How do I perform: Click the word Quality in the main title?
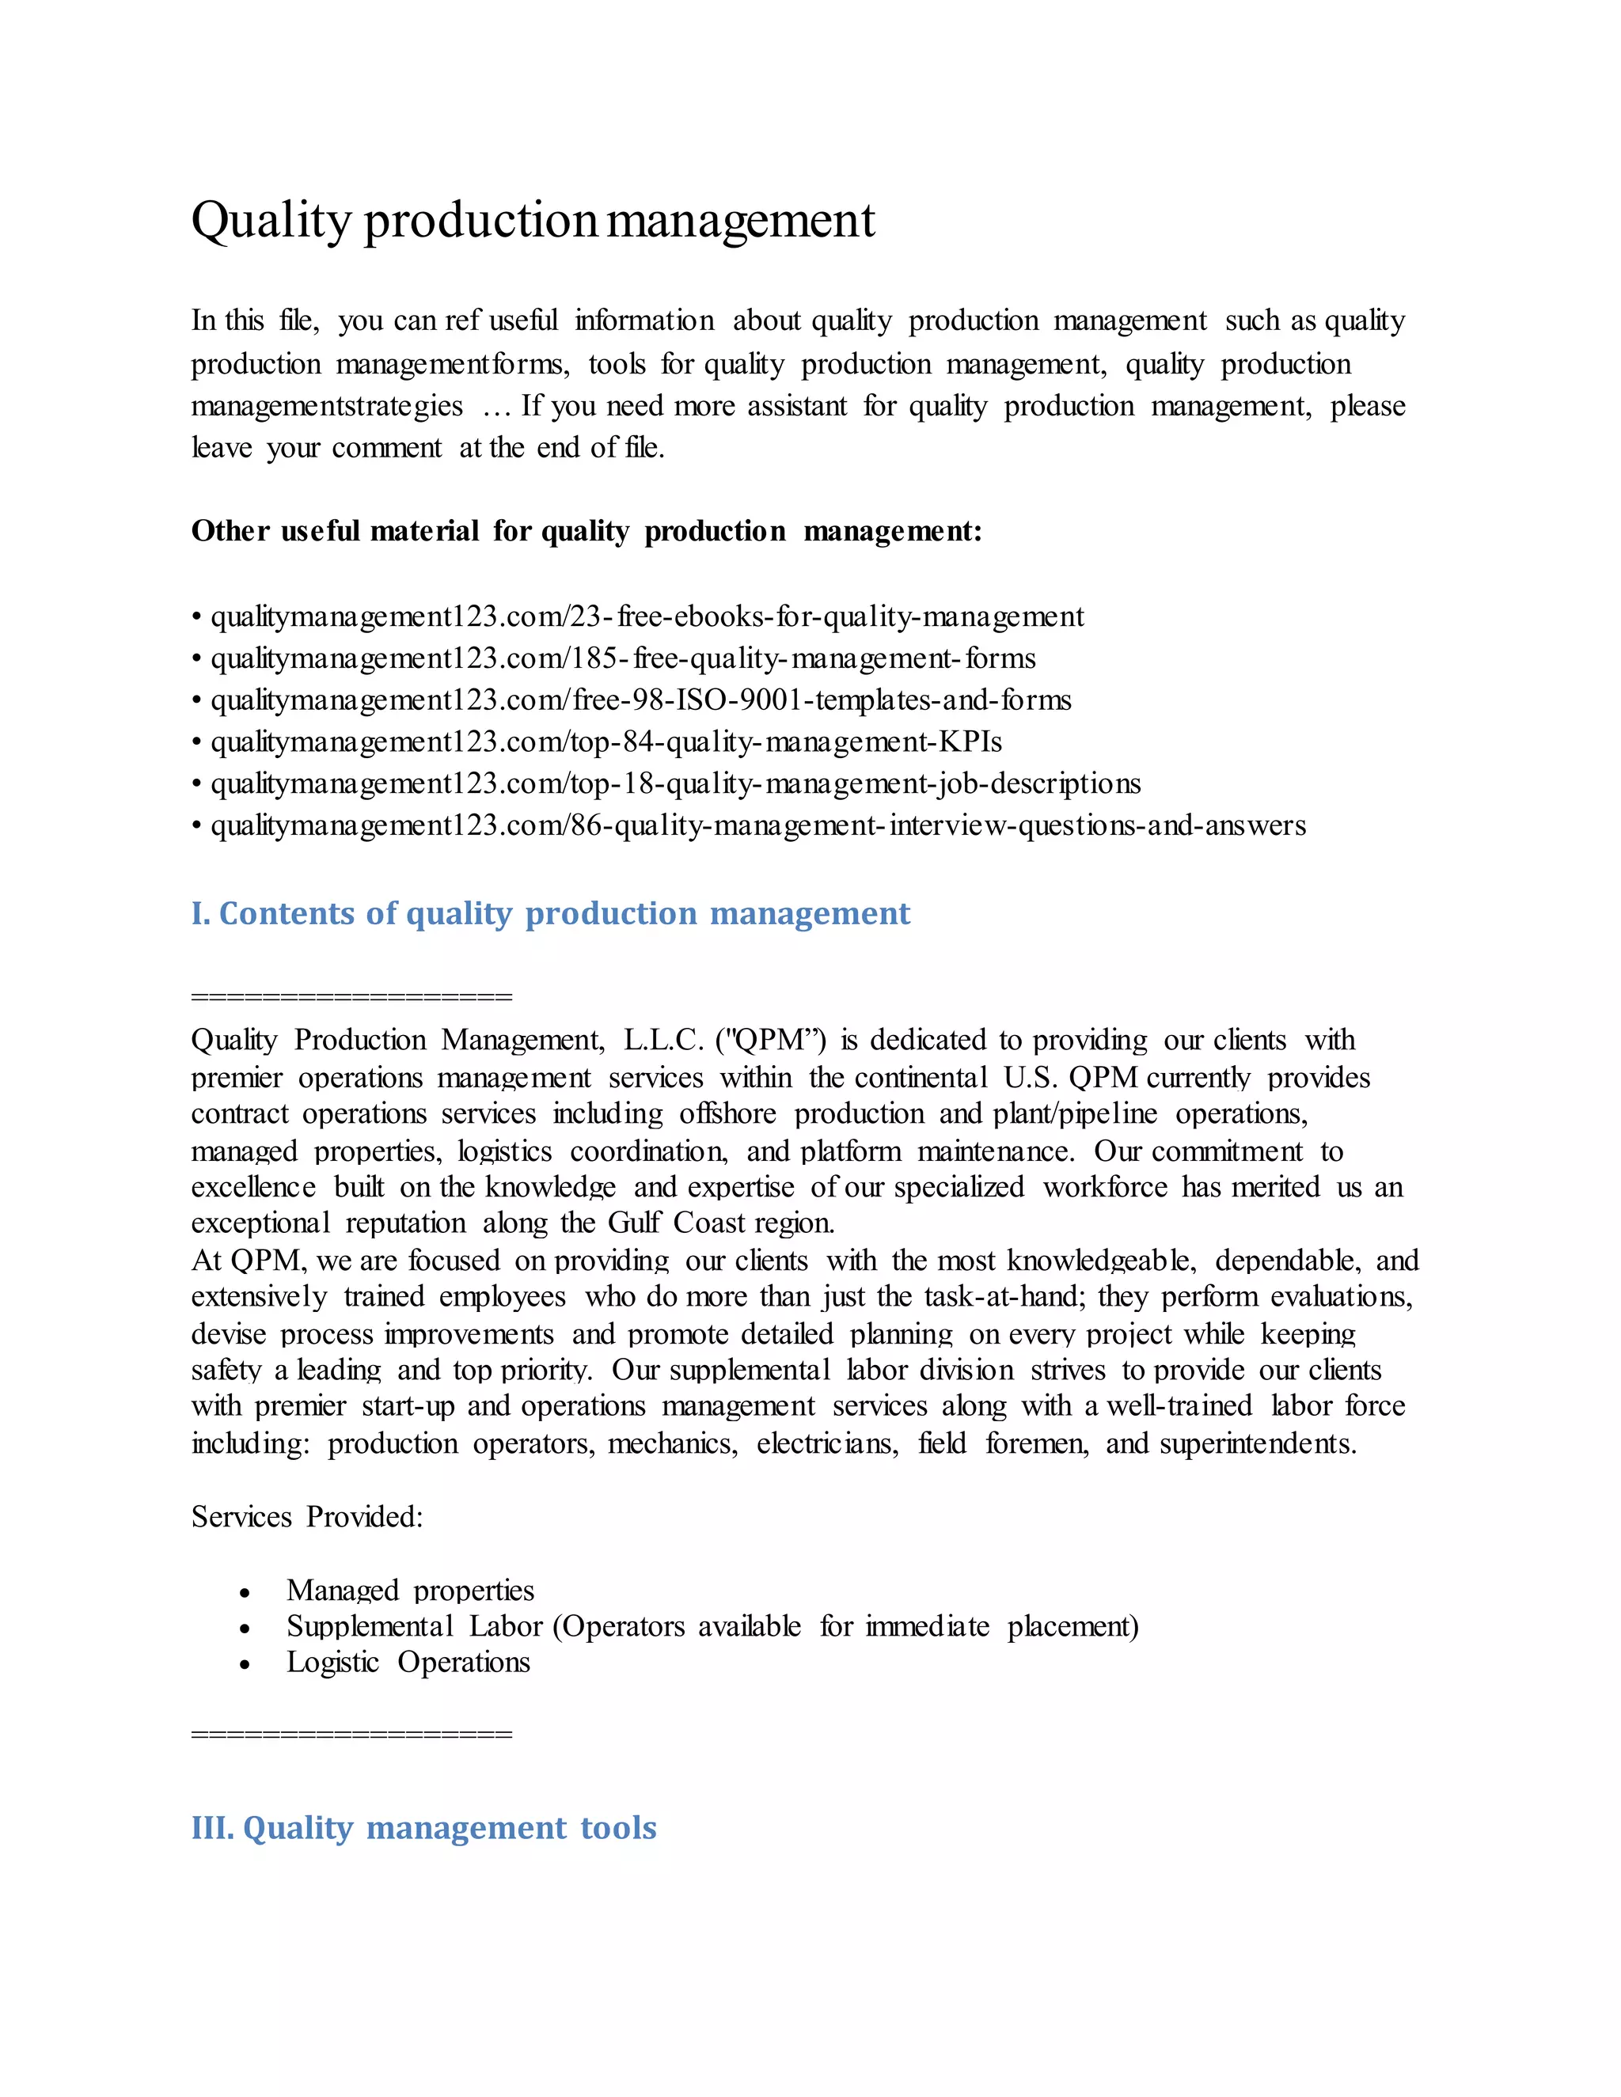click(x=271, y=221)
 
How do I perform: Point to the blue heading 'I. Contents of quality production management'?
click(x=549, y=913)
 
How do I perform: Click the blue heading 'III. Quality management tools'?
click(x=423, y=1827)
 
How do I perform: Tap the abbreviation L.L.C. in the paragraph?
click(x=663, y=1040)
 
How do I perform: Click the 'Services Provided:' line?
click(x=306, y=1517)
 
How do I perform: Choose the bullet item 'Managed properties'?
click(x=410, y=1591)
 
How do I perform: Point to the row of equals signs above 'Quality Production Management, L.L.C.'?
click(x=351, y=996)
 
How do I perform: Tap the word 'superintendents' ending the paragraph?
click(x=1256, y=1444)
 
